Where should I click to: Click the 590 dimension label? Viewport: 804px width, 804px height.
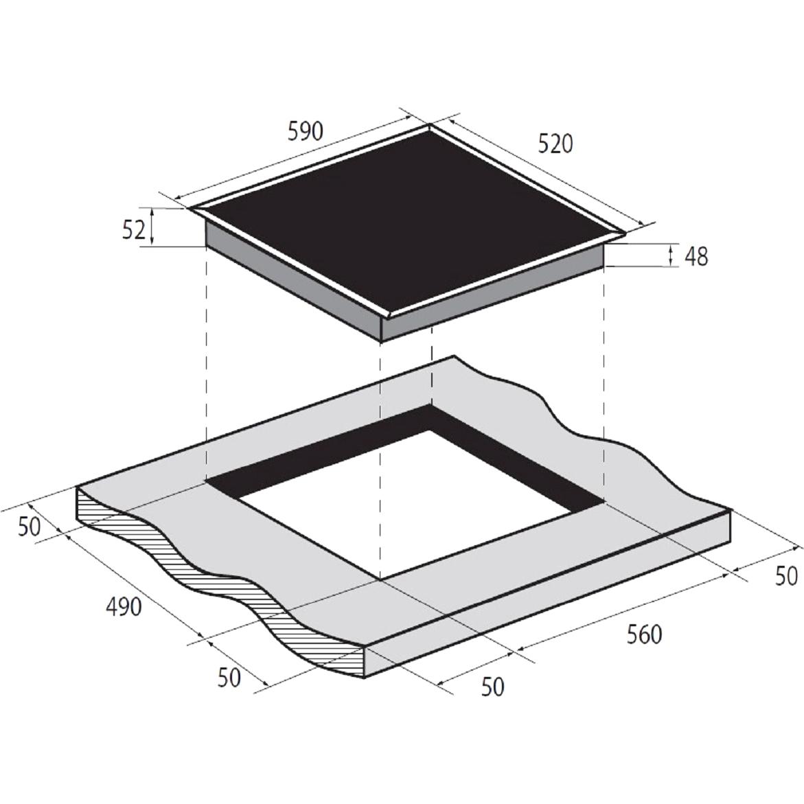pos(306,131)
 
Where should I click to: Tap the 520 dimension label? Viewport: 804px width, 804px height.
pos(555,143)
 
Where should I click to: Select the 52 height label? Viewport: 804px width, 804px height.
pos(133,230)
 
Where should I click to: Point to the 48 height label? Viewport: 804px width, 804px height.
pos(696,256)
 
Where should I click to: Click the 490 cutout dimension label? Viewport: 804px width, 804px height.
pos(124,607)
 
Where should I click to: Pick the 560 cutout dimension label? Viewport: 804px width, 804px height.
pos(645,634)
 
